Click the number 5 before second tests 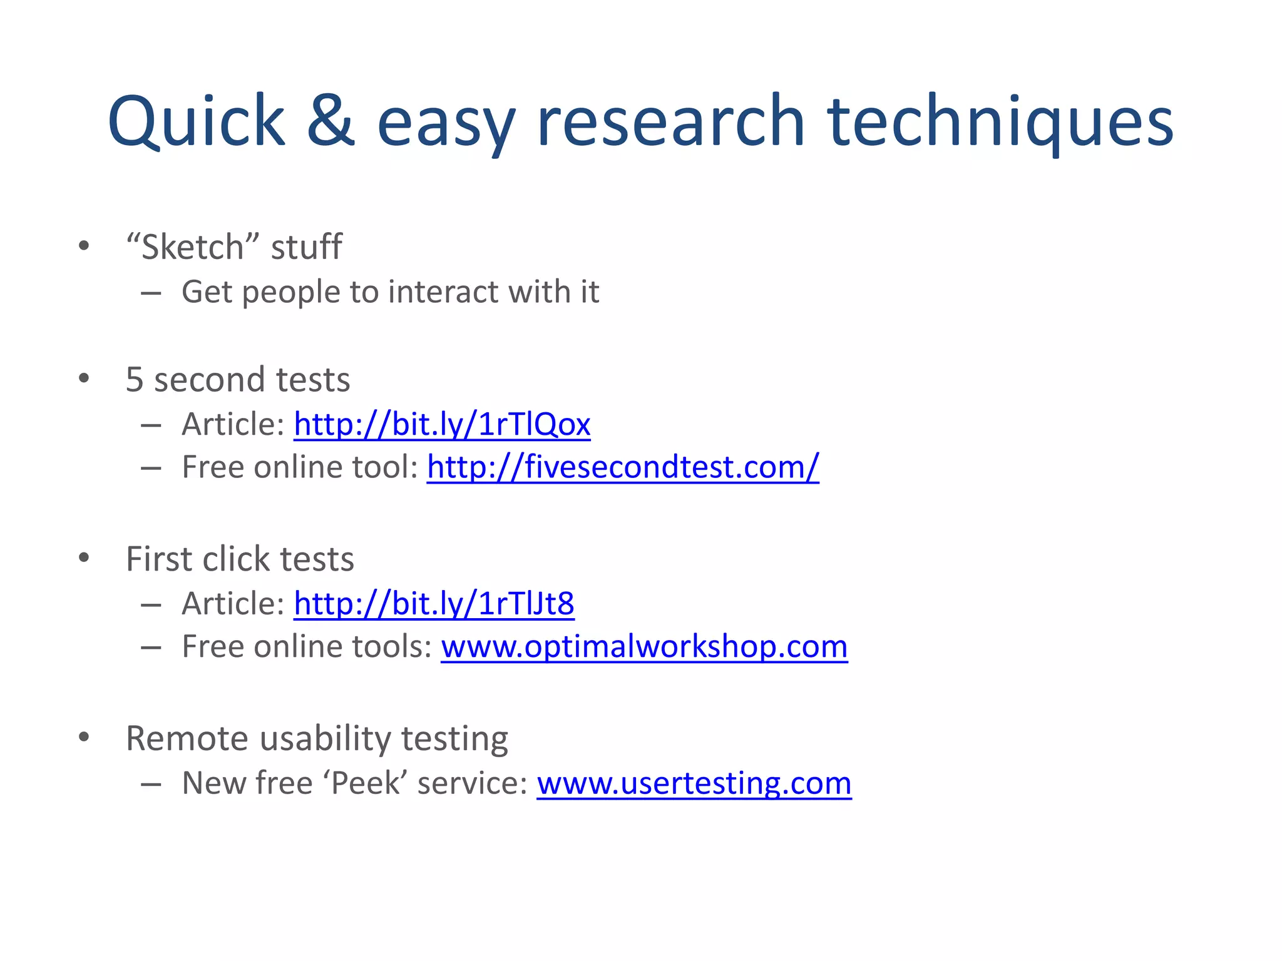coord(135,379)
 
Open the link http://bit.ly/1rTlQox coord(442,424)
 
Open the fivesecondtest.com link coord(623,467)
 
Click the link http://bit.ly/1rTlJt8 coord(434,604)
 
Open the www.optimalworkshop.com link coord(644,646)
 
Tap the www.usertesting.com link coord(694,783)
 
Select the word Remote coord(188,738)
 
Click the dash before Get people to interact coord(151,292)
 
